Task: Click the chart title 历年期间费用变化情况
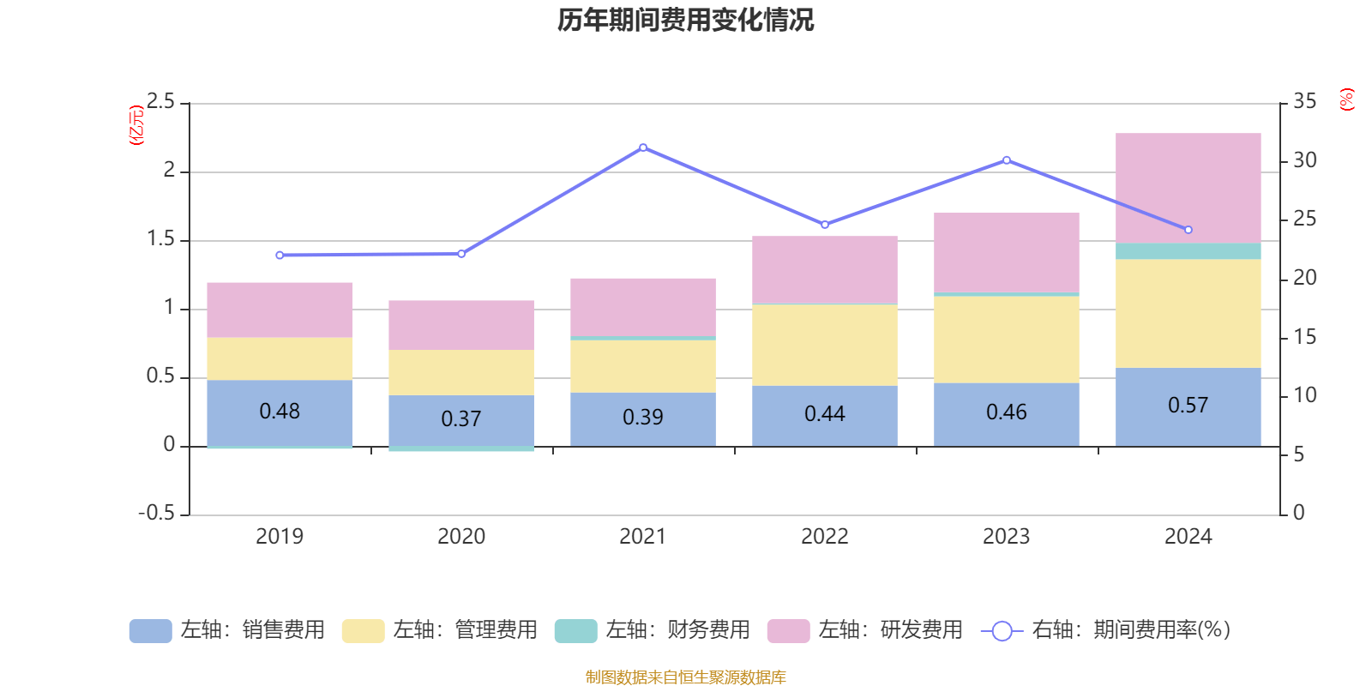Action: pos(685,20)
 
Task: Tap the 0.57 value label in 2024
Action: pos(1188,405)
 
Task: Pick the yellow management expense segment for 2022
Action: pos(824,345)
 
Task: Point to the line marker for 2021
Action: pos(643,147)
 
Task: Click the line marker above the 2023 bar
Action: pos(1007,160)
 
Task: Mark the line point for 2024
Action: pos(1188,230)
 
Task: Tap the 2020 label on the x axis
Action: pos(461,537)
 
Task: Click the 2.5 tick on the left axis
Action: pos(160,102)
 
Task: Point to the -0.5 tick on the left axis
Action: pos(156,513)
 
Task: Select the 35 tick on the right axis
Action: pos(1304,101)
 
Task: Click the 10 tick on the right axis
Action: pos(1304,395)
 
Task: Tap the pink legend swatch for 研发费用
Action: pos(788,631)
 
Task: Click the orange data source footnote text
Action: pos(685,677)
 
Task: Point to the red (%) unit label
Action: pos(1346,99)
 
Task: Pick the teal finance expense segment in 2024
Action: pos(1188,251)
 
